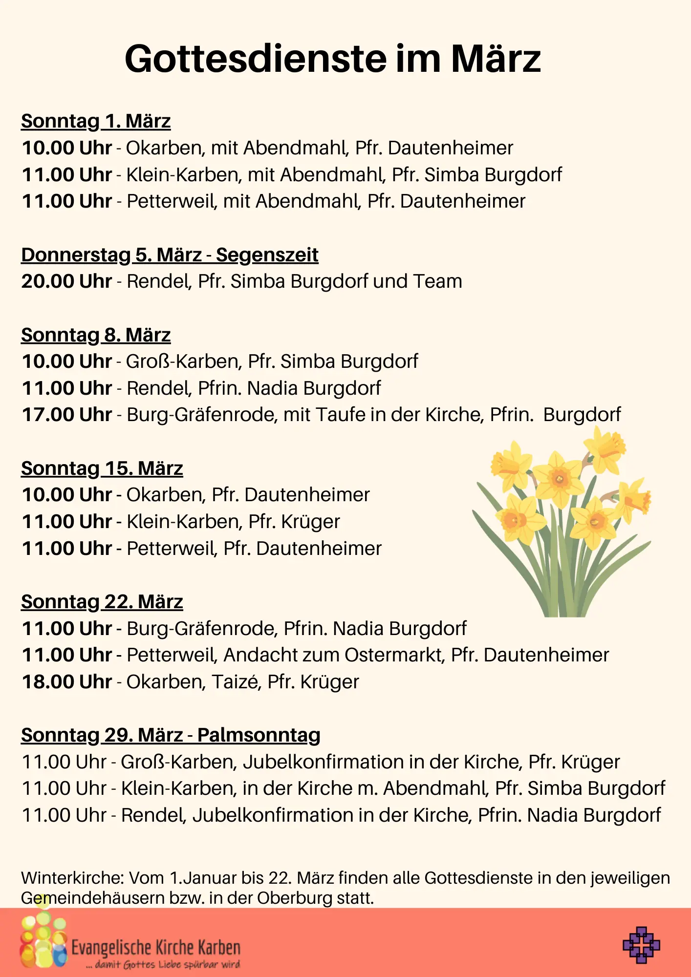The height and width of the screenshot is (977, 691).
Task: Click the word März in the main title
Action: (x=496, y=59)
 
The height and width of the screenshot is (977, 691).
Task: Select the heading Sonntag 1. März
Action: (x=96, y=121)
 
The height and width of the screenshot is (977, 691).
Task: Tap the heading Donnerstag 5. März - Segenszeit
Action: (x=170, y=255)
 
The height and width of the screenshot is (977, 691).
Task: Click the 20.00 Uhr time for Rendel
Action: (x=67, y=281)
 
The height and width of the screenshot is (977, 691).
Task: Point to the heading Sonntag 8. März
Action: (x=96, y=335)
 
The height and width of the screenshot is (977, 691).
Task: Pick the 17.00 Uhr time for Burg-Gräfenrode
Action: (x=67, y=415)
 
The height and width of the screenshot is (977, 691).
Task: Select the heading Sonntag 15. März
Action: (x=102, y=468)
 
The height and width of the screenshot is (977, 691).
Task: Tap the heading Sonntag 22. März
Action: (x=102, y=602)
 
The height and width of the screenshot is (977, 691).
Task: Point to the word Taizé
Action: (x=235, y=682)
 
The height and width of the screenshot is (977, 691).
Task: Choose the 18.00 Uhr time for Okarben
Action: (x=67, y=682)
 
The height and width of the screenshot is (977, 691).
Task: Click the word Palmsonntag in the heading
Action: (x=259, y=735)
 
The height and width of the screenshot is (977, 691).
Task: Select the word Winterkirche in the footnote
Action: (x=72, y=878)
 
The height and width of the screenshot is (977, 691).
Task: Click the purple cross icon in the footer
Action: (x=641, y=945)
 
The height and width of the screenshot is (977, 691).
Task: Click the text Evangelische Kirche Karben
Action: (x=156, y=948)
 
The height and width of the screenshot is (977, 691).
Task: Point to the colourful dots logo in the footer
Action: (x=43, y=940)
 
